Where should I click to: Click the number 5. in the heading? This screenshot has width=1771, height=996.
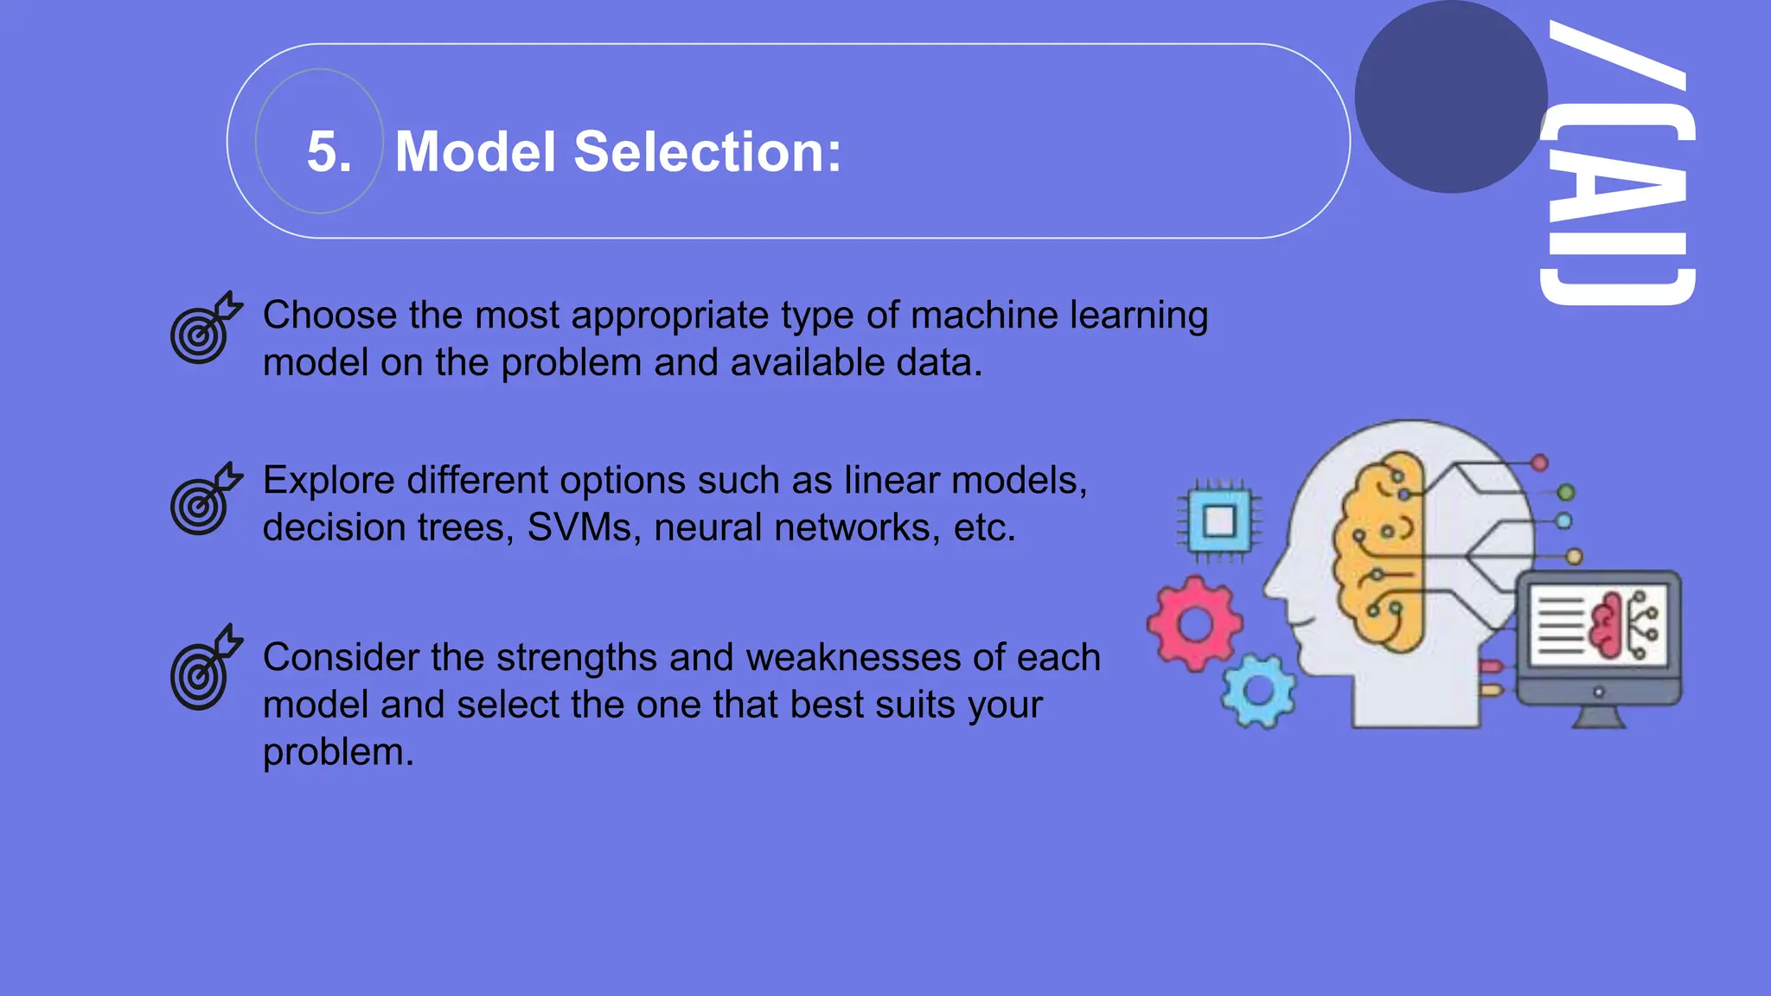click(329, 152)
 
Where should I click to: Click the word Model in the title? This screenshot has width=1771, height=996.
click(475, 152)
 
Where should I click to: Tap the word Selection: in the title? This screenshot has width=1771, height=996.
click(706, 152)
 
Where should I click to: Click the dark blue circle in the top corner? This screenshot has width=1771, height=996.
click(1450, 96)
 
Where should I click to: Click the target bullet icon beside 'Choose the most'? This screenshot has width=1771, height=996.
click(205, 329)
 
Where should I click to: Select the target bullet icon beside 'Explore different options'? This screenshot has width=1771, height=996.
click(205, 500)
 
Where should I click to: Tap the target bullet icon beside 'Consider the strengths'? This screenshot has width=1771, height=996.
click(205, 668)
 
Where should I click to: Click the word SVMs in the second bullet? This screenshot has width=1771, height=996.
click(579, 527)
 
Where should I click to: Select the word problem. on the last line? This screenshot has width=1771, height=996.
click(338, 752)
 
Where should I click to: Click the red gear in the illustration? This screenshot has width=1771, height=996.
click(1195, 624)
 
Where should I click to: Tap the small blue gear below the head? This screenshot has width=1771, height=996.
click(1258, 691)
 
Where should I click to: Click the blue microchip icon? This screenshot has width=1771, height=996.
click(1218, 521)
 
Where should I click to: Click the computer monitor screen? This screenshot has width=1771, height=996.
click(1597, 624)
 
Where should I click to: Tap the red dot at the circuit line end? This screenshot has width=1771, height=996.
click(1539, 463)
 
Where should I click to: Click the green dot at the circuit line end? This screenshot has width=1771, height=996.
click(1565, 493)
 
